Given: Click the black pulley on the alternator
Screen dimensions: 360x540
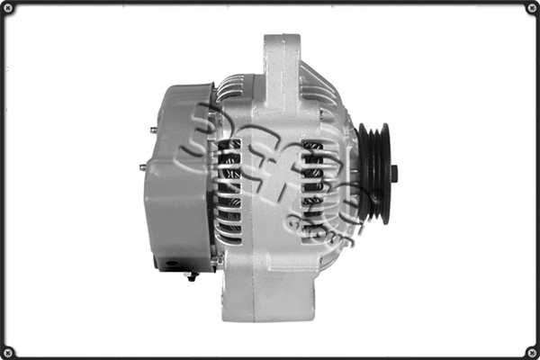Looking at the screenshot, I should [x=373, y=173].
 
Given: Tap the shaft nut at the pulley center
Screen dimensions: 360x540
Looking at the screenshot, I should [x=393, y=173].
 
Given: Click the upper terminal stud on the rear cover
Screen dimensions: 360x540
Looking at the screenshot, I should [x=153, y=130].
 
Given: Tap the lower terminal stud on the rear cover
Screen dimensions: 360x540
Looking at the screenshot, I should [x=143, y=166].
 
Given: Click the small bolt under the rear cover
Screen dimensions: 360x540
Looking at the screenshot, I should [x=192, y=275].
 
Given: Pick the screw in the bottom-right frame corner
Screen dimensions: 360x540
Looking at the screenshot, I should [x=530, y=350].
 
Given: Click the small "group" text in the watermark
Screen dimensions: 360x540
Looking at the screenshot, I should [x=337, y=225].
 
